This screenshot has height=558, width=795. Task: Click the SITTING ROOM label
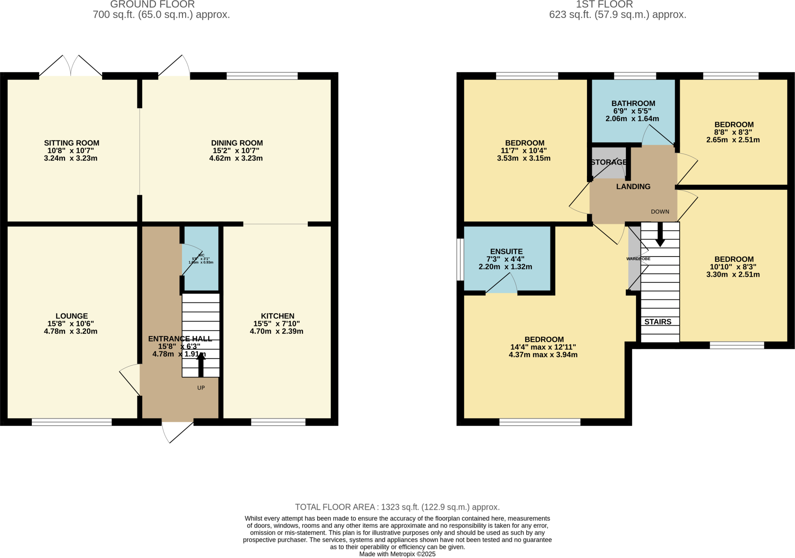tap(71, 143)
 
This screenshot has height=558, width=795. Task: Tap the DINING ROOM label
tap(237, 143)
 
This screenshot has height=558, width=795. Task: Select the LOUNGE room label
tap(71, 316)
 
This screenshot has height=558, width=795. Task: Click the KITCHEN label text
tap(277, 316)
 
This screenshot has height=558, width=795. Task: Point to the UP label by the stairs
tap(201, 388)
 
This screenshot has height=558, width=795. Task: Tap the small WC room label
tap(201, 255)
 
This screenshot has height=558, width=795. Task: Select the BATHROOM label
tap(633, 103)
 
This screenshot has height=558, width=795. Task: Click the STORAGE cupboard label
tap(608, 162)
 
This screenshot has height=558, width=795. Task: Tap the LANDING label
tap(633, 187)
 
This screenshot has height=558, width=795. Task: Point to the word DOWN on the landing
tap(660, 211)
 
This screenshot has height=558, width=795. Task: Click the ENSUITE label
tap(506, 251)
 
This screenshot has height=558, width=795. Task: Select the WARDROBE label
tap(638, 259)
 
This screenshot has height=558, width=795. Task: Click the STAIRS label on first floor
tap(658, 322)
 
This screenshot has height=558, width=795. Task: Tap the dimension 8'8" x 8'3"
tap(734, 132)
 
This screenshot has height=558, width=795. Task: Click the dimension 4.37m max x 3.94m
tap(543, 355)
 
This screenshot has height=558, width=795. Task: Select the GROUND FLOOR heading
tap(153, 5)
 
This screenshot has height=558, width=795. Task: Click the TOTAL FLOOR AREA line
tap(397, 507)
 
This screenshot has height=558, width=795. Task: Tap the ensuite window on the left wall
tap(460, 259)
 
